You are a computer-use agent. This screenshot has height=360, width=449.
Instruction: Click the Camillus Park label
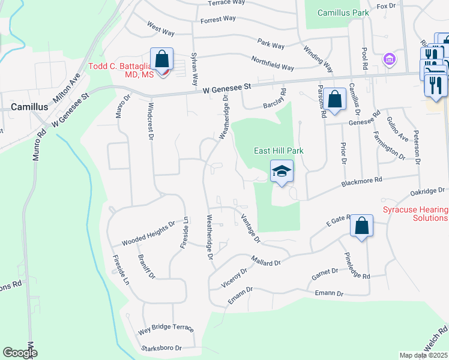coord(342,12)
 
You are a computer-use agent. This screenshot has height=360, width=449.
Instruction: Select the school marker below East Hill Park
coord(282,172)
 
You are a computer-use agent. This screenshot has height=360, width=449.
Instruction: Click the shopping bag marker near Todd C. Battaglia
coord(162,59)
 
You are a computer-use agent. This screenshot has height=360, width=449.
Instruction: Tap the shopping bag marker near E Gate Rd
coord(361,227)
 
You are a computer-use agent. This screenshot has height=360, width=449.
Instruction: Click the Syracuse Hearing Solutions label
coord(415,214)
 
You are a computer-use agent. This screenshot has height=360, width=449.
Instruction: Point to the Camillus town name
coord(29,106)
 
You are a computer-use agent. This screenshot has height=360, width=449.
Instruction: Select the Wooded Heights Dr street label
coord(148,233)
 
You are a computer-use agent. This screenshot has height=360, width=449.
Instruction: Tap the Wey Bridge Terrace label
coord(166,329)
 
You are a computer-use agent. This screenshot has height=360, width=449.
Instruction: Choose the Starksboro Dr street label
coord(161,348)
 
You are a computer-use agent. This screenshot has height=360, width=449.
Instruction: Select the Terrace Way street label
coord(226,3)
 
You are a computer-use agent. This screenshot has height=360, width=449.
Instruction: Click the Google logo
coord(20,353)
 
